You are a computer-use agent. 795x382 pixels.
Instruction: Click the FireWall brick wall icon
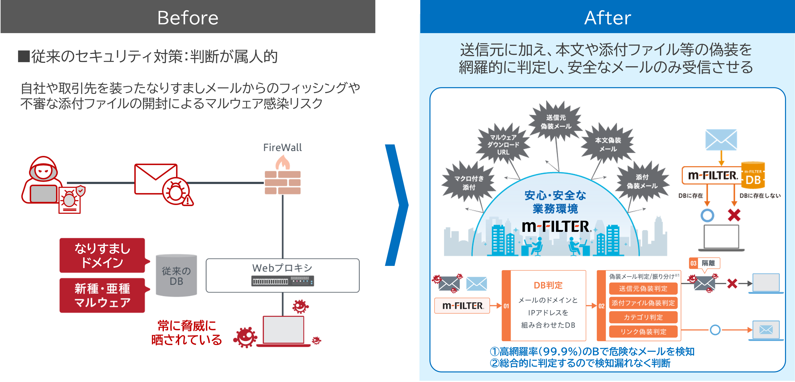pos(282,182)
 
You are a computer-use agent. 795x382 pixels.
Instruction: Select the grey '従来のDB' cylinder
pos(176,275)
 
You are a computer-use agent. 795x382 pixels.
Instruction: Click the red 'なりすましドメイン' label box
pos(102,255)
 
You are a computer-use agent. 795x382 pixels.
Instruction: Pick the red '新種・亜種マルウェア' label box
pos(102,295)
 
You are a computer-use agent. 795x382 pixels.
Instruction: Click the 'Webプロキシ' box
pos(282,275)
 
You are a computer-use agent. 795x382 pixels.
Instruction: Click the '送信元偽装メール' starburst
pos(556,122)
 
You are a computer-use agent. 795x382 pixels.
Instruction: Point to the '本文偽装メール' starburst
pos(608,144)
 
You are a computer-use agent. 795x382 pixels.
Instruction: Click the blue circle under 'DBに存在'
pos(707,215)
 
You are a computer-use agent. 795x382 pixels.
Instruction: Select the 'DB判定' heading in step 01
pos(548,285)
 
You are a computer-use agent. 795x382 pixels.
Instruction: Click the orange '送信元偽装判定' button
pos(643,289)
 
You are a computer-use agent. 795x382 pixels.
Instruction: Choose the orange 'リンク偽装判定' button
pos(643,332)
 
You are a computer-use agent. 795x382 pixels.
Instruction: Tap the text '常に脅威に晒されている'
pos(186,333)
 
